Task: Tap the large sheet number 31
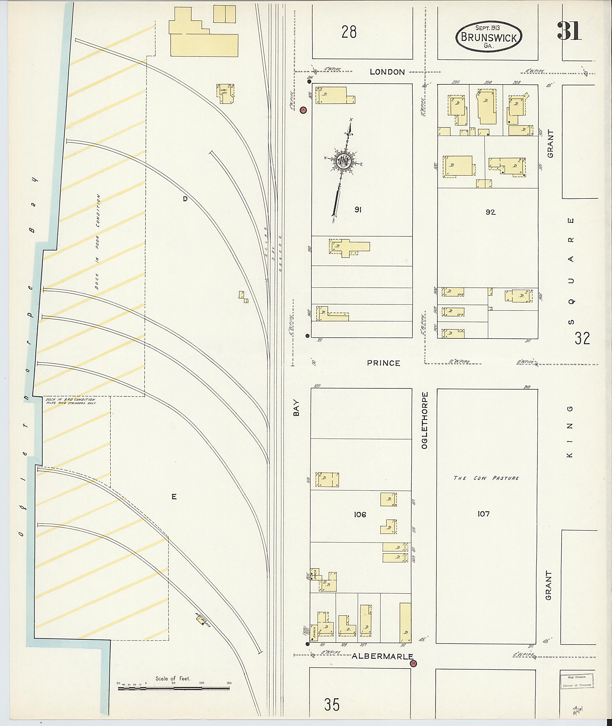tap(569, 31)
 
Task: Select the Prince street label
tap(384, 363)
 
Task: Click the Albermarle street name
tap(382, 656)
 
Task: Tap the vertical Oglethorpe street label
tap(425, 420)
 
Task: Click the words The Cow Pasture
tap(486, 478)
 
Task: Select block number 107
tap(483, 513)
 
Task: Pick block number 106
tap(360, 515)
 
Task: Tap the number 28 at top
tap(349, 32)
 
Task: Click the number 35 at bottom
tap(332, 705)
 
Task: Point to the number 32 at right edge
tap(582, 338)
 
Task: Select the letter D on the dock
tap(185, 199)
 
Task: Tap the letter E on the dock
tap(174, 497)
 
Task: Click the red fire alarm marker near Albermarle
tap(413, 664)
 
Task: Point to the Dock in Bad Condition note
tap(71, 401)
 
